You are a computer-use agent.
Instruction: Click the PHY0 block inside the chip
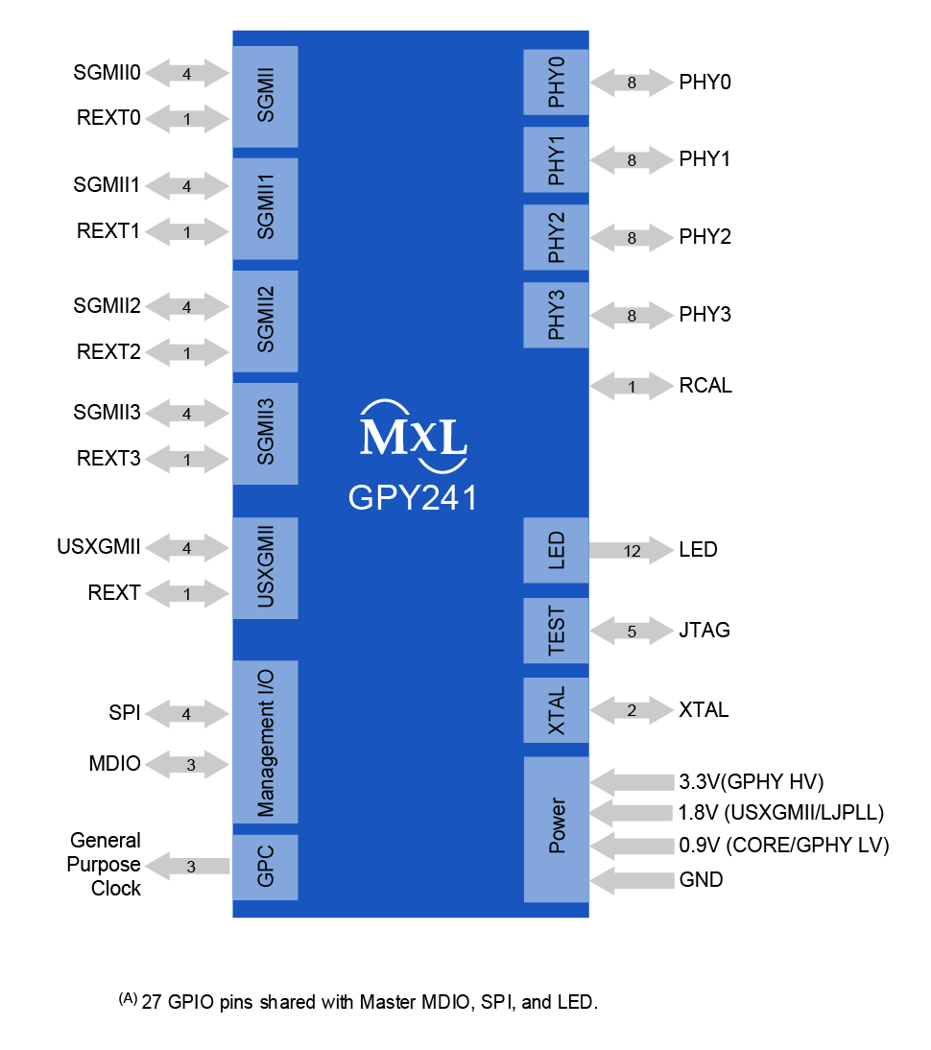coord(556,83)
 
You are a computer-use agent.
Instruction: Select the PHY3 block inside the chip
coord(556,315)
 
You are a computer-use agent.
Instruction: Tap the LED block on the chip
coord(556,550)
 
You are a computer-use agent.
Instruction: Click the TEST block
coord(556,631)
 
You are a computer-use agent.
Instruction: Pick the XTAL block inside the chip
coord(556,710)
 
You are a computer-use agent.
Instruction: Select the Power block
coord(556,828)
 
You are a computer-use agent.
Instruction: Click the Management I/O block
coord(266,741)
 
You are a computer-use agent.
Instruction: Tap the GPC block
coord(266,866)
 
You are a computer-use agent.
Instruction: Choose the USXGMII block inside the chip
coord(266,567)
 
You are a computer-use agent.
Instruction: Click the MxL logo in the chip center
coord(413,437)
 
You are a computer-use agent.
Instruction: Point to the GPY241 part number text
coord(413,499)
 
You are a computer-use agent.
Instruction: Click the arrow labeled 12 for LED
coord(630,551)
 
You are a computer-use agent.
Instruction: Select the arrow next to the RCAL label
coord(631,387)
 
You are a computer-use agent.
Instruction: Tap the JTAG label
coord(704,631)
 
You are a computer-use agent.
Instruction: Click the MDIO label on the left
coord(114,764)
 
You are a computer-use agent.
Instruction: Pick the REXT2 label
coord(108,352)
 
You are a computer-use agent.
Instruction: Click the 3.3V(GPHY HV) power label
coord(752,780)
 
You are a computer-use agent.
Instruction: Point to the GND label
coord(701,879)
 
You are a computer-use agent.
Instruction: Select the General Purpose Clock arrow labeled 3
coord(191,867)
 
